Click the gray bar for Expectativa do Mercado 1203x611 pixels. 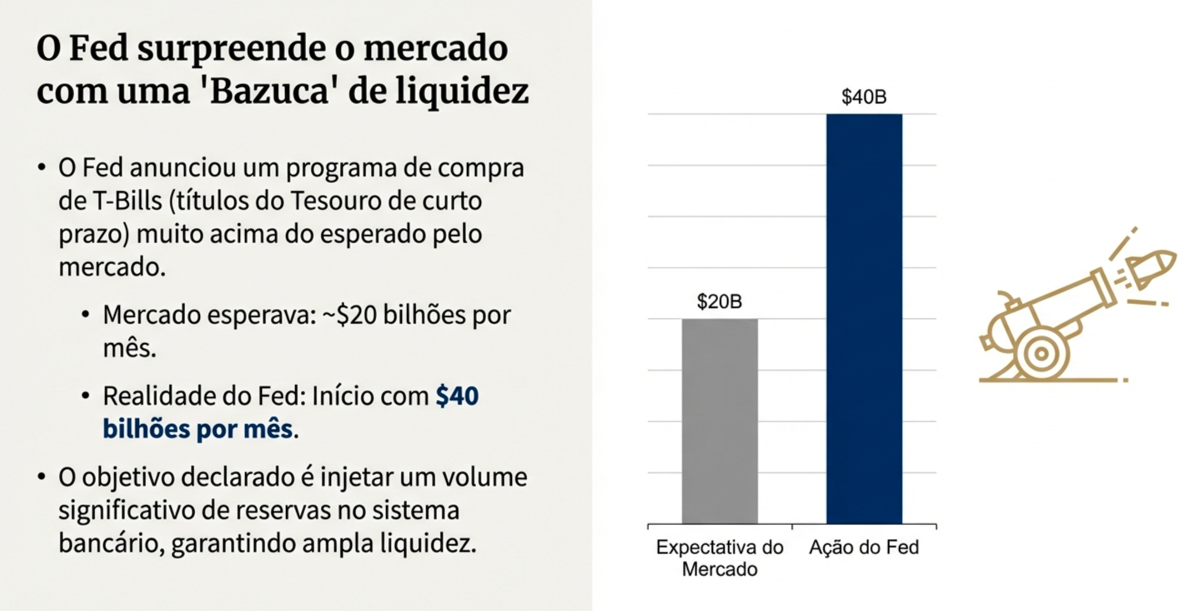(719, 421)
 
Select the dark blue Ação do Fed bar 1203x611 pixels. (864, 318)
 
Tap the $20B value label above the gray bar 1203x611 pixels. (719, 301)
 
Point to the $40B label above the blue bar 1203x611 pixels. (863, 96)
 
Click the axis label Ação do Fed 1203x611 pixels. (863, 547)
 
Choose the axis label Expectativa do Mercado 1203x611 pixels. (719, 558)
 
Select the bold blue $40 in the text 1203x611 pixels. (457, 396)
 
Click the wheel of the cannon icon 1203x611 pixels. (1041, 354)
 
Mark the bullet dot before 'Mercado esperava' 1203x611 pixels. (86, 315)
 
